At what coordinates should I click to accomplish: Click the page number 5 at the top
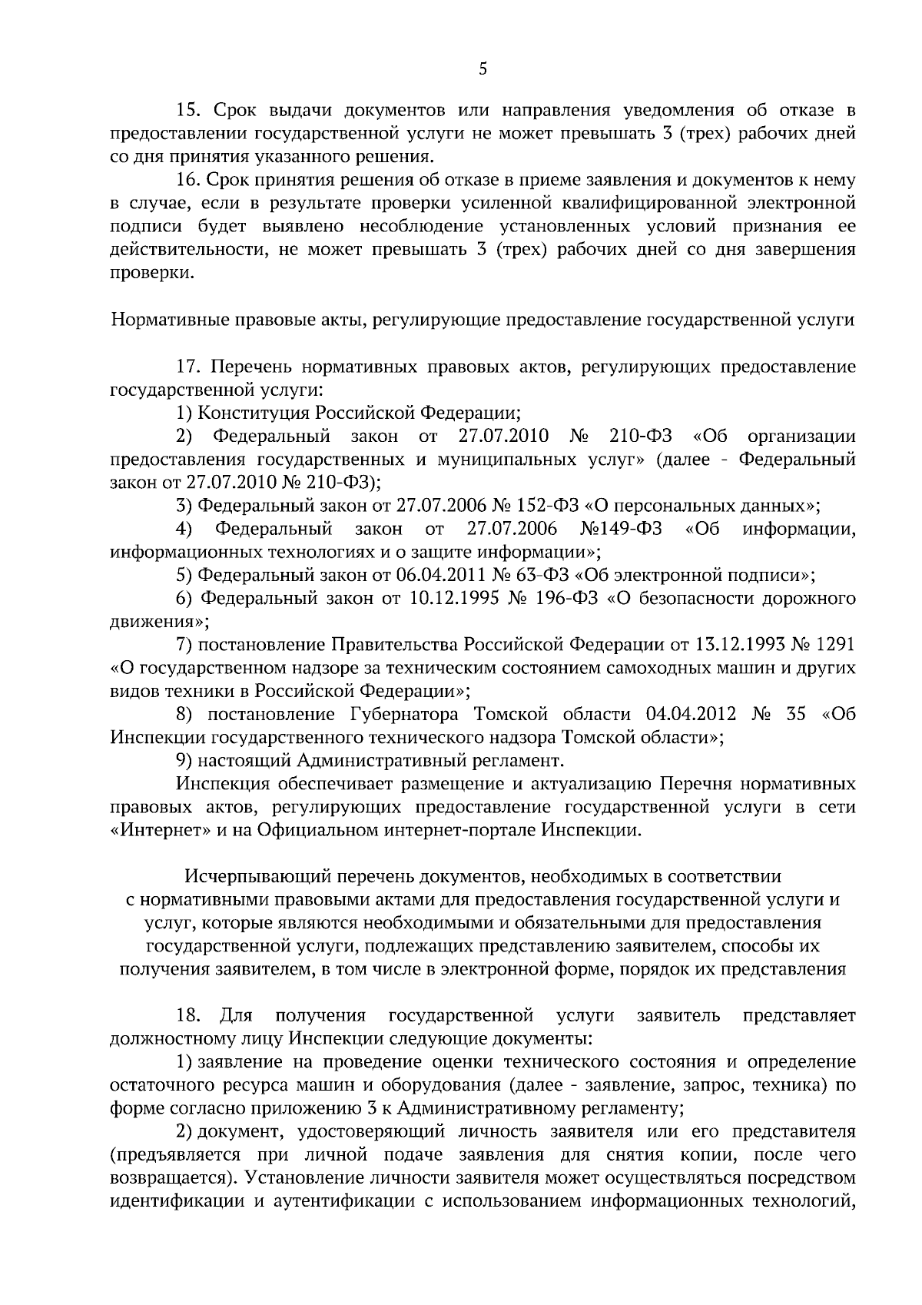(x=483, y=69)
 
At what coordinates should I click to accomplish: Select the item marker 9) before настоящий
(x=184, y=761)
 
